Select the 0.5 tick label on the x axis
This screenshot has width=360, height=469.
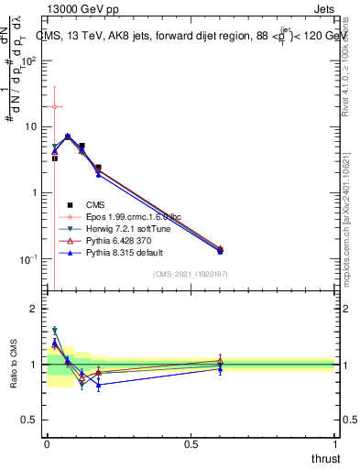click(191, 444)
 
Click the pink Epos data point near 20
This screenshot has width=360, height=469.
click(54, 107)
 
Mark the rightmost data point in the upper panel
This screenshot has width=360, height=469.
click(220, 250)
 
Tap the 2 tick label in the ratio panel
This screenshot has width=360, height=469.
click(33, 309)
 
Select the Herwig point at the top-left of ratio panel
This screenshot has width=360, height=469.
click(54, 330)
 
